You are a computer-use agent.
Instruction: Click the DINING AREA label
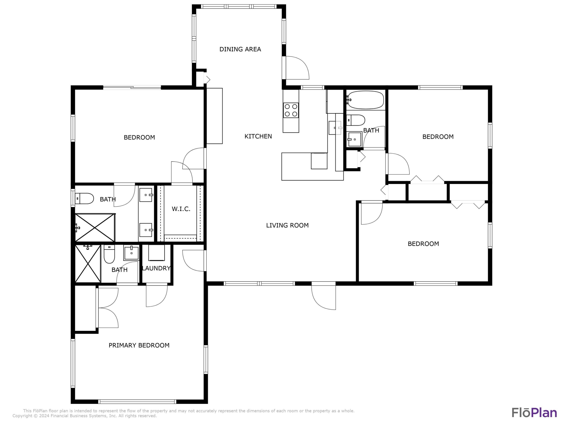(240, 49)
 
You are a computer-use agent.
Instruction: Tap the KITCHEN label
(258, 136)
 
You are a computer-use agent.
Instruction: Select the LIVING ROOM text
(287, 225)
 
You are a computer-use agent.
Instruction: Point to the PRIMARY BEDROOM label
(139, 345)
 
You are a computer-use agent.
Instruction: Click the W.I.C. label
(181, 209)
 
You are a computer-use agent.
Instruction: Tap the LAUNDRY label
(156, 268)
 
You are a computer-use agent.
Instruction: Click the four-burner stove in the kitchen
(291, 110)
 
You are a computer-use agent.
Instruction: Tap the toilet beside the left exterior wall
(84, 198)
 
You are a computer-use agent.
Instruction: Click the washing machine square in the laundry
(156, 252)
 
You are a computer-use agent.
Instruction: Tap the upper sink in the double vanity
(146, 195)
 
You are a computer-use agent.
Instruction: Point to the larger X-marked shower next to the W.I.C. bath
(95, 228)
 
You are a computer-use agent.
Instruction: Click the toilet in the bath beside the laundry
(109, 254)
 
